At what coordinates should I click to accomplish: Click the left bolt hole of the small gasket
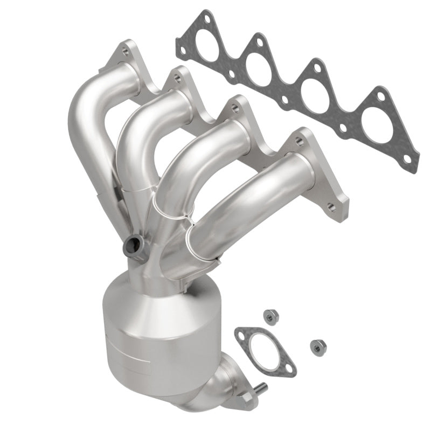tap(241, 334)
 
